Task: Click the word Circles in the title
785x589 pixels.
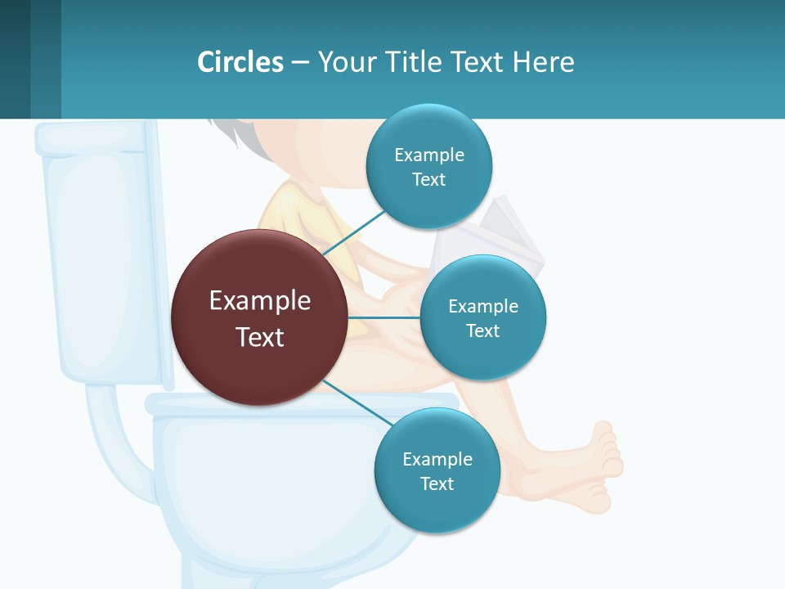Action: click(x=240, y=62)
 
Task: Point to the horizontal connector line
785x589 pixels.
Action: click(x=384, y=317)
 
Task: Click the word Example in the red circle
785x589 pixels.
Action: click(x=260, y=300)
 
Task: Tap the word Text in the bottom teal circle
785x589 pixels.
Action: click(x=437, y=483)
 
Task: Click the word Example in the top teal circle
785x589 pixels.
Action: click(x=428, y=155)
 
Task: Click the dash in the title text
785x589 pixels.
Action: click(x=300, y=62)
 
